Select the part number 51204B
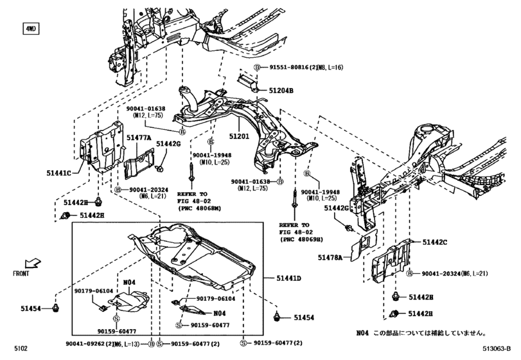coord(281,91)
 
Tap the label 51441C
coord(59,172)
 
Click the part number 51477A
coord(138,138)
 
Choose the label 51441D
coord(288,277)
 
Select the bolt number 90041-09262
coord(89,345)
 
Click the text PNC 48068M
coord(202,208)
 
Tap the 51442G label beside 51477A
coord(169,144)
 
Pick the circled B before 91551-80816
coord(257,67)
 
